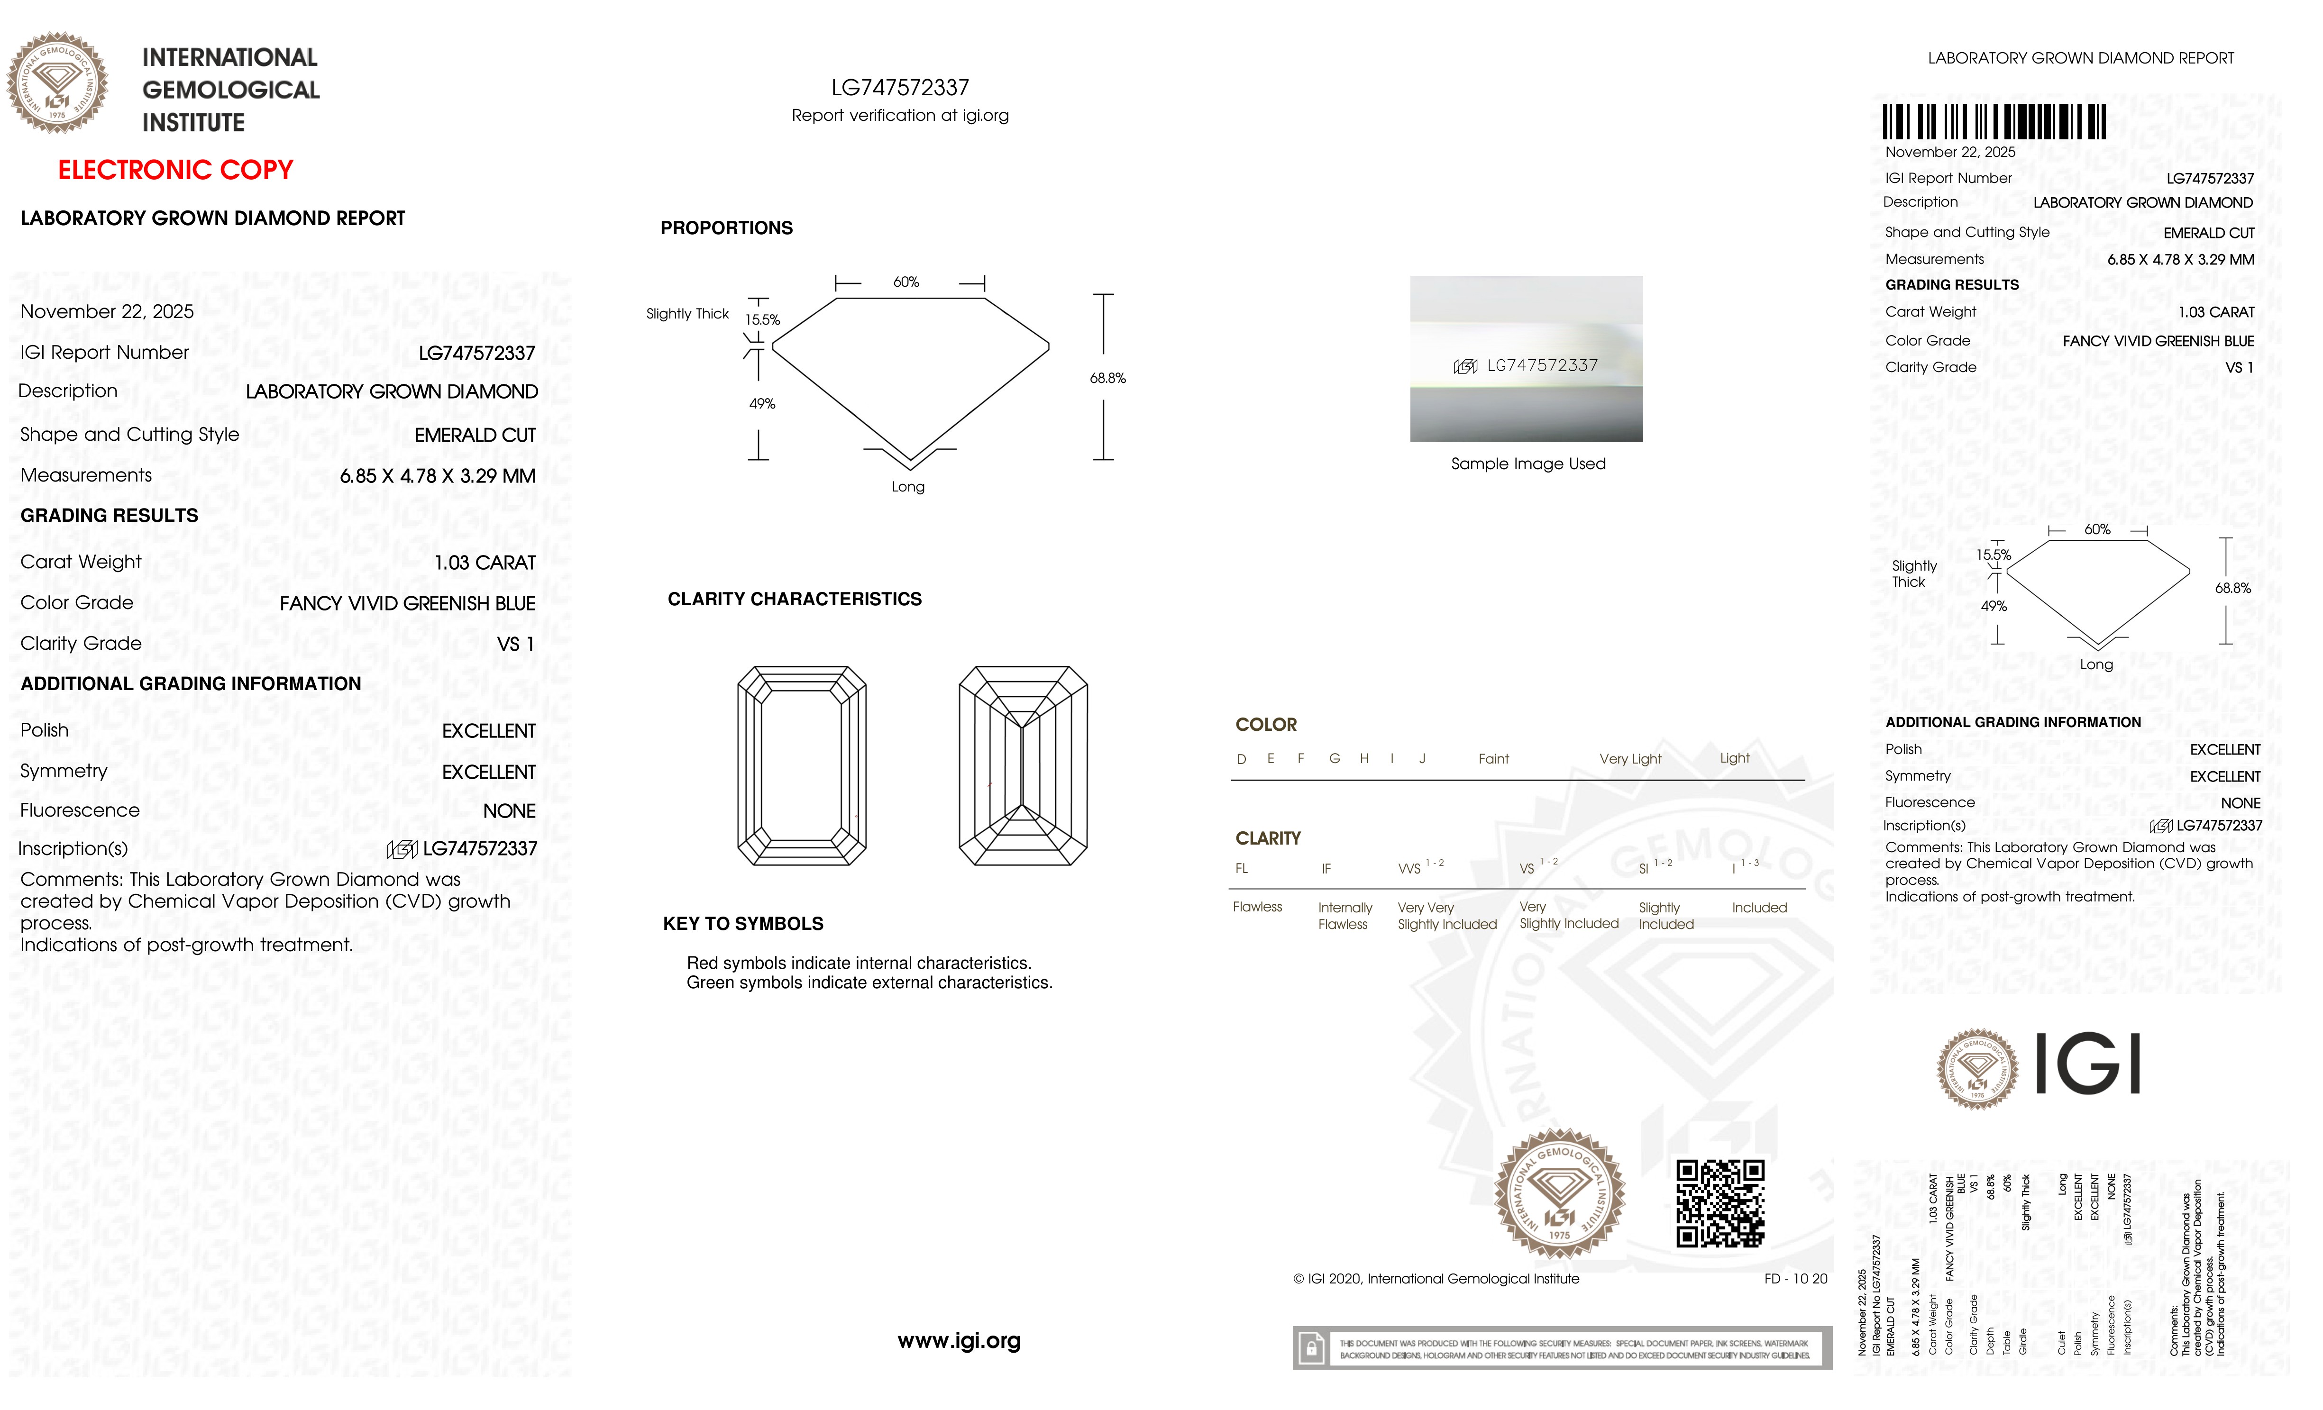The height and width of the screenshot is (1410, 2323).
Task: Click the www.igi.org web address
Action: [x=959, y=1340]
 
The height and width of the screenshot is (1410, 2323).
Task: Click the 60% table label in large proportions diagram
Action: [x=906, y=282]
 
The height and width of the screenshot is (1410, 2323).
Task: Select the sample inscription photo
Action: [x=1526, y=359]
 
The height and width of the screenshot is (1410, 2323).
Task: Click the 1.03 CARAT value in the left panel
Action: [x=485, y=563]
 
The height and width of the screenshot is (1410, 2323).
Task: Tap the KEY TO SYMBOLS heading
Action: [x=743, y=924]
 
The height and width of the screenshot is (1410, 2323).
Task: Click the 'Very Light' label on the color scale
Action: [x=1630, y=759]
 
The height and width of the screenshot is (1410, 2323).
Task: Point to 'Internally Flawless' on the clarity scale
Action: [x=1344, y=915]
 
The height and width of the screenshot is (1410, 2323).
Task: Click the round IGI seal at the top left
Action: [x=57, y=83]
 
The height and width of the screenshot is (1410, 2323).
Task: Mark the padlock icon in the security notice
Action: [x=1310, y=1349]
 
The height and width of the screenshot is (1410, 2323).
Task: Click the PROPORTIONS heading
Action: [x=726, y=228]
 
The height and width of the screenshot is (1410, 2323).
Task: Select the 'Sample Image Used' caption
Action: [x=1527, y=464]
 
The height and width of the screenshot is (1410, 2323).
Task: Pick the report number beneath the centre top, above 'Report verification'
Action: [x=899, y=88]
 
